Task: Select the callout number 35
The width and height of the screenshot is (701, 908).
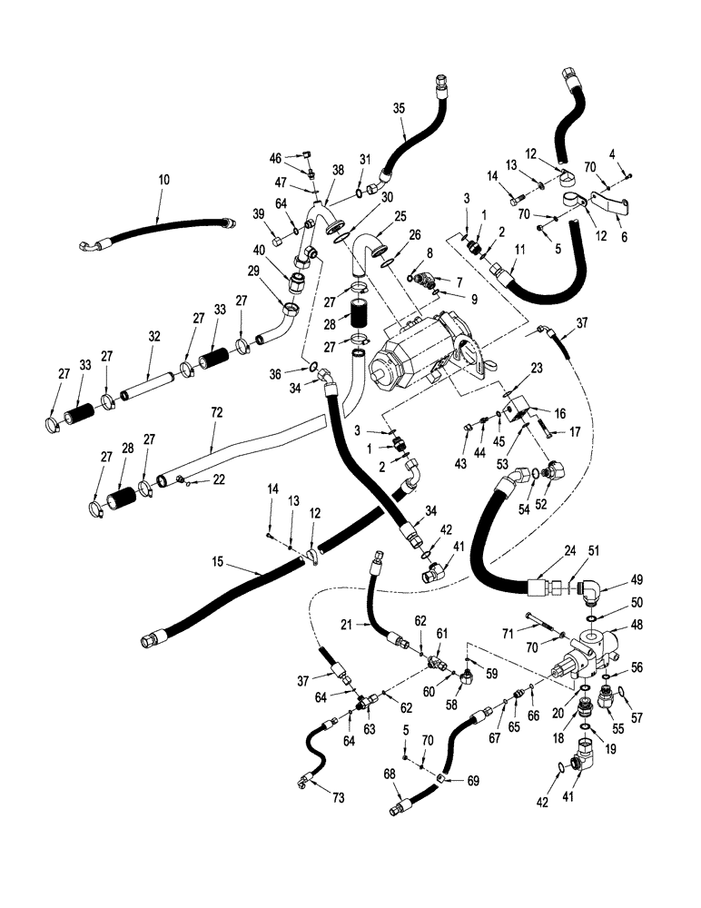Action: click(398, 108)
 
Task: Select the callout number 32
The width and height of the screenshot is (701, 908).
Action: click(154, 336)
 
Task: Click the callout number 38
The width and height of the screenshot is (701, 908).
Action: click(338, 170)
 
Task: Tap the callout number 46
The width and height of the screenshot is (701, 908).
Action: click(276, 158)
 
